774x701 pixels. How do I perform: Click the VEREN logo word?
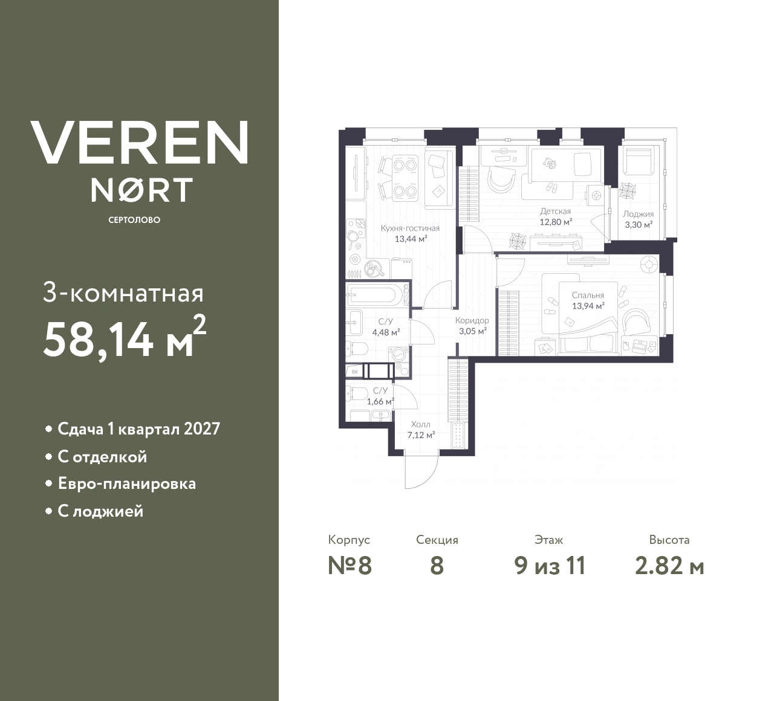(139, 143)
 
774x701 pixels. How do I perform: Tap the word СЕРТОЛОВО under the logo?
(134, 220)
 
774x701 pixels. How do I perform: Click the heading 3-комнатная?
(123, 294)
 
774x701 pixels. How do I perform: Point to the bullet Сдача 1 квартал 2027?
(138, 429)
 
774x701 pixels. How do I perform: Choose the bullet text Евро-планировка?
(126, 484)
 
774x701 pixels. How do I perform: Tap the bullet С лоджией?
(100, 511)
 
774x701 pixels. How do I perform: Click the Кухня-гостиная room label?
(410, 228)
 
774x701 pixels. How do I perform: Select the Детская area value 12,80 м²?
(555, 222)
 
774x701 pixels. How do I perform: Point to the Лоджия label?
(639, 214)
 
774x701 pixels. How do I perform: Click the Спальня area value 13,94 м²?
(588, 306)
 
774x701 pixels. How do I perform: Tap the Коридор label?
(472, 320)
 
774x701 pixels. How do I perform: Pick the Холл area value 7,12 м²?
(421, 434)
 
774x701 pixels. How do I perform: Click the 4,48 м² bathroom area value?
(385, 332)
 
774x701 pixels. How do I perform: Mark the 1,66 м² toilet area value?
(380, 401)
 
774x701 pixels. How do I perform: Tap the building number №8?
(350, 566)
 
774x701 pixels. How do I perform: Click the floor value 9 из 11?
(550, 566)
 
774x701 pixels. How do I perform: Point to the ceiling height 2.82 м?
(669, 566)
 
